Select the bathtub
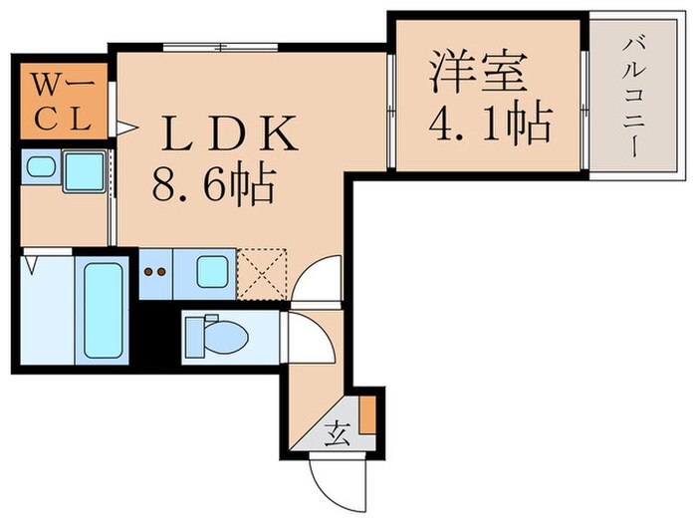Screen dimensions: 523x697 pos(103,310)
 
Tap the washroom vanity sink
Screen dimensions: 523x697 pos(41,168)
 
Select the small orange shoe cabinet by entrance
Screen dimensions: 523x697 pos(368,414)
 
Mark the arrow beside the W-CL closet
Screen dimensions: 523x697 pos(124,127)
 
